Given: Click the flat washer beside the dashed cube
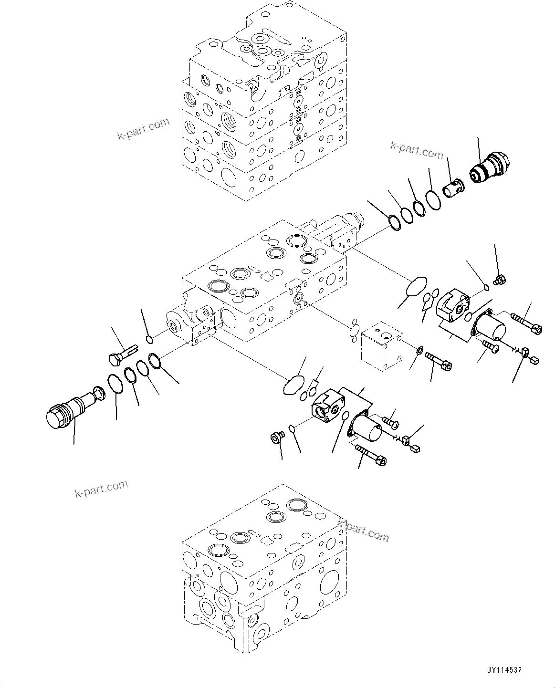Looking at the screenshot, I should (x=419, y=351).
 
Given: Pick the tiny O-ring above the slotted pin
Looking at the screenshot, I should (x=149, y=339).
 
